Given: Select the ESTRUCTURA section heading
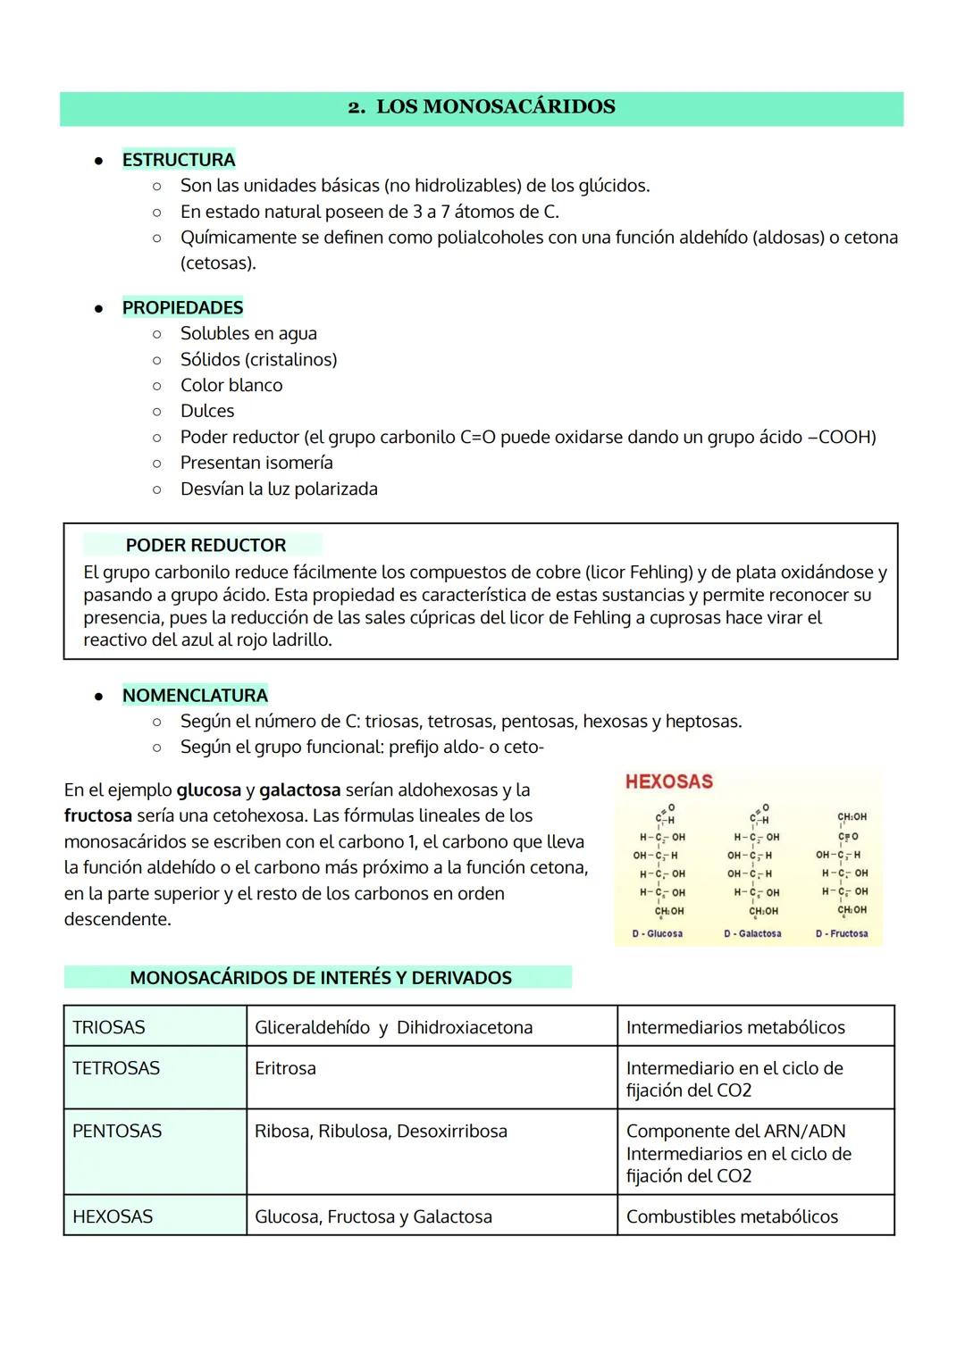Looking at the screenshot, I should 179,160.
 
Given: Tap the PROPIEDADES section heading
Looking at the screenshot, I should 182,307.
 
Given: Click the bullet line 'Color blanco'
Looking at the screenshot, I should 231,385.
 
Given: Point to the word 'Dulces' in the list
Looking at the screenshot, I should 207,411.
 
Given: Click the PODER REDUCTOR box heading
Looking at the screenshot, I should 206,545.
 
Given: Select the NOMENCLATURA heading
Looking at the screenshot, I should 195,695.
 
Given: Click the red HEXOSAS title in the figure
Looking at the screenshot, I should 669,781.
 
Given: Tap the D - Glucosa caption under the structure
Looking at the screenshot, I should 658,933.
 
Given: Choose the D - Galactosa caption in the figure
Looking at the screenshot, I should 752,933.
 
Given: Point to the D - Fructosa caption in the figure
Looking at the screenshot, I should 842,933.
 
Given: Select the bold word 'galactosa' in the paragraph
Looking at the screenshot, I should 300,790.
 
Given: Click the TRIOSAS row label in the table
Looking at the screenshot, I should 109,1027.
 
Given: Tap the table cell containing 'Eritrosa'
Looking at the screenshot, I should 285,1068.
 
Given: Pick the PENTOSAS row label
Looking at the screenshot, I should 117,1131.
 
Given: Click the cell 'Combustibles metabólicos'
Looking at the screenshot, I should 732,1216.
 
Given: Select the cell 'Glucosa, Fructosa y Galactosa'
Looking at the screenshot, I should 373,1216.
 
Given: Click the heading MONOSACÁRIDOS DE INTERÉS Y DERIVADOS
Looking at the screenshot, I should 320,977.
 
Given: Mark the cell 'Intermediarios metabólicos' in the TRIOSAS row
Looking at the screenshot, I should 735,1027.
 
